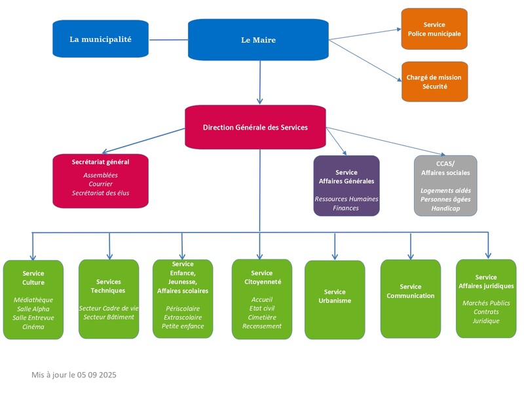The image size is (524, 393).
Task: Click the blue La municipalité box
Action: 100,39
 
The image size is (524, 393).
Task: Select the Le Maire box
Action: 258,40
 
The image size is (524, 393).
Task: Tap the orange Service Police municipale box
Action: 434,29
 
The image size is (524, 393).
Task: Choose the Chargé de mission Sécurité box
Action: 434,82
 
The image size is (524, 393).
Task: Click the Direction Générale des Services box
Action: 255,127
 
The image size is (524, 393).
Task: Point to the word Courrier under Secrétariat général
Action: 100,184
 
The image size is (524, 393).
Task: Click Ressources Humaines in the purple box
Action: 346,198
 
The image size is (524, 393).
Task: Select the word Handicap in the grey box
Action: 445,208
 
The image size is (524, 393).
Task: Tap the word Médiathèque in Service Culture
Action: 33,299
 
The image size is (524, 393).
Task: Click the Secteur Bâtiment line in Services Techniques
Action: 109,317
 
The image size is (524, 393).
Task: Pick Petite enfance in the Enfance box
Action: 183,326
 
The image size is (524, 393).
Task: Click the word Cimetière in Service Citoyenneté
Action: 261,317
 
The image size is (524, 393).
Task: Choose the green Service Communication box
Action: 411,299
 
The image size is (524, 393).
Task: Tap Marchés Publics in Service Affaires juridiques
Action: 486,303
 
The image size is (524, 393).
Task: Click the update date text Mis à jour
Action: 74,375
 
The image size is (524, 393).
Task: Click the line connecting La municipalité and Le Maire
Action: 168,40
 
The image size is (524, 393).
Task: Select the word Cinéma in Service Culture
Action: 33,326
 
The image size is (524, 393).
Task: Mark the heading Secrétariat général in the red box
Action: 100,162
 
